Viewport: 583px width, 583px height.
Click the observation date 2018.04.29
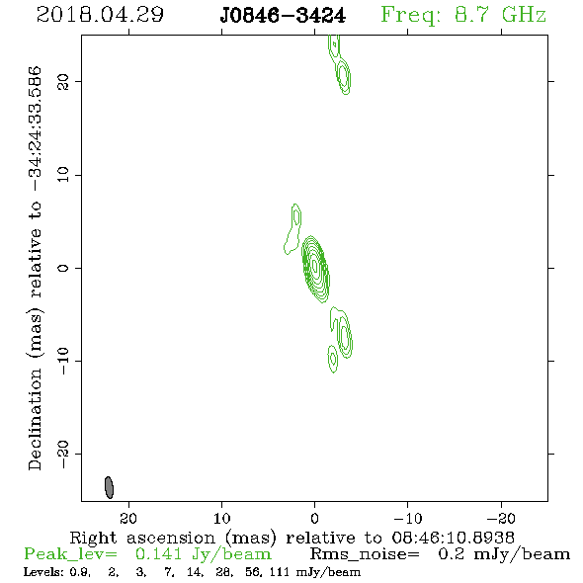pyautogui.click(x=100, y=15)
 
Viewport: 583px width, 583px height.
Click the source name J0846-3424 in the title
pyautogui.click(x=283, y=16)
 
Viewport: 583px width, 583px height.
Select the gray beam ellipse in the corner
pyautogui.click(x=109, y=487)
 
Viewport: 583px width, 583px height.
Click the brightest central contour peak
pyautogui.click(x=315, y=266)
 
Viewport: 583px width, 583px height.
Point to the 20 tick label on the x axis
pyautogui.click(x=128, y=518)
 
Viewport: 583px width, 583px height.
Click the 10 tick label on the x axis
pyautogui.click(x=221, y=518)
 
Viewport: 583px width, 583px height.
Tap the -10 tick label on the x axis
pyautogui.click(x=408, y=518)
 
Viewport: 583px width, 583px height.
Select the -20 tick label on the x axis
pyautogui.click(x=501, y=518)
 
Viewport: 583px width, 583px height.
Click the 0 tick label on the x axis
pyautogui.click(x=314, y=518)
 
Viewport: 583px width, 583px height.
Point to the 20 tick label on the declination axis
pyautogui.click(x=63, y=81)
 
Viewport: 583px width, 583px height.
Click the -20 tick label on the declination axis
pyautogui.click(x=63, y=454)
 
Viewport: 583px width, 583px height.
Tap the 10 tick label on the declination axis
pyautogui.click(x=63, y=175)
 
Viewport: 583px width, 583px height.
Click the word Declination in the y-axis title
pyautogui.click(x=35, y=419)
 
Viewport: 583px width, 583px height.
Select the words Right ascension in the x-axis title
pyautogui.click(x=142, y=538)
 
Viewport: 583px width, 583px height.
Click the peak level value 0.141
pyautogui.click(x=158, y=554)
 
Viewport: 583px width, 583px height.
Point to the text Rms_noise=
pyautogui.click(x=365, y=554)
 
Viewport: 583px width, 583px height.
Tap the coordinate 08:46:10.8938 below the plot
pyautogui.click(x=453, y=538)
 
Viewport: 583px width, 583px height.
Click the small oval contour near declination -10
pyautogui.click(x=332, y=359)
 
